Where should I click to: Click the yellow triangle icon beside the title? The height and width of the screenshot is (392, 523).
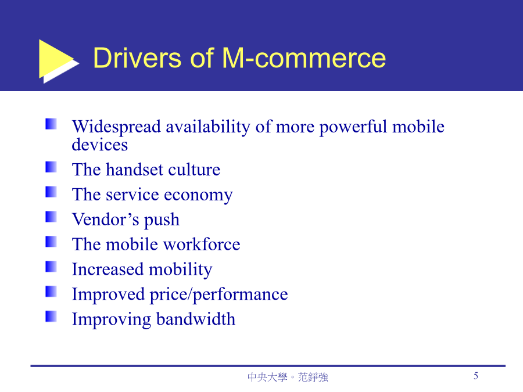57,59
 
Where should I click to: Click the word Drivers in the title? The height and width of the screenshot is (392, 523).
137,58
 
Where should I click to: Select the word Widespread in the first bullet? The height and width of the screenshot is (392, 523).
117,127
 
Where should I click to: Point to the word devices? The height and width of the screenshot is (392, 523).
100,145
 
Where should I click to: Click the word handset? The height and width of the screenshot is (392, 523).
135,170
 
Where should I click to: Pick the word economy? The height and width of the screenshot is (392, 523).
198,195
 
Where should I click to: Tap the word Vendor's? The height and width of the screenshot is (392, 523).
106,220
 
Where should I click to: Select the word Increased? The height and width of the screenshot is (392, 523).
108,269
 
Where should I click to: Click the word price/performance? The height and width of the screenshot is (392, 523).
218,294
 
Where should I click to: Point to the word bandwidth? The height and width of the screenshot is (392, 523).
196,319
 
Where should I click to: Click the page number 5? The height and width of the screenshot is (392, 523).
476,376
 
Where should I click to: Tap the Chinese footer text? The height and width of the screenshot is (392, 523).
288,377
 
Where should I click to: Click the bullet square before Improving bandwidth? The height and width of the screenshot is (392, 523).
51,317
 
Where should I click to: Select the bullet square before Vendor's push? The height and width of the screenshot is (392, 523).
51,217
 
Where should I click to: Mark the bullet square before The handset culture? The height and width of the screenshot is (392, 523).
51,167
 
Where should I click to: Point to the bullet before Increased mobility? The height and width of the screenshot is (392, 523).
51,267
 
